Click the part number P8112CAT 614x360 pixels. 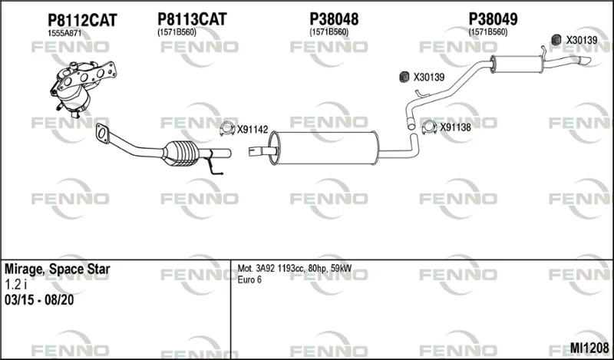(x=82, y=21)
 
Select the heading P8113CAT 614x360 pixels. (x=192, y=19)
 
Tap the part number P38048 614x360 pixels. (x=334, y=19)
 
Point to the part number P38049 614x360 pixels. (x=493, y=19)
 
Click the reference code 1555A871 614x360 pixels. (x=64, y=34)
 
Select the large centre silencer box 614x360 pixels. (x=324, y=148)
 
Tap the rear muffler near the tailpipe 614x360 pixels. (x=517, y=64)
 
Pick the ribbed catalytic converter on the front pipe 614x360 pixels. (x=181, y=154)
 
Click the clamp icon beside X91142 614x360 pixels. (x=227, y=129)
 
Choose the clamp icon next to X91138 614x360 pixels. (x=429, y=127)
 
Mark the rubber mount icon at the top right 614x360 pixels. (x=556, y=40)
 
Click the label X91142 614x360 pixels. (x=253, y=130)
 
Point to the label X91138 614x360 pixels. (x=455, y=127)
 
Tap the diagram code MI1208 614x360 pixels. (x=589, y=348)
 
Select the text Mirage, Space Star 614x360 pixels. (x=57, y=269)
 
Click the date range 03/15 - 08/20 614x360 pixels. (x=39, y=300)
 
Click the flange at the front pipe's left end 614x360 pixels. (x=102, y=133)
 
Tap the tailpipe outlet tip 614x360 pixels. (x=586, y=61)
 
